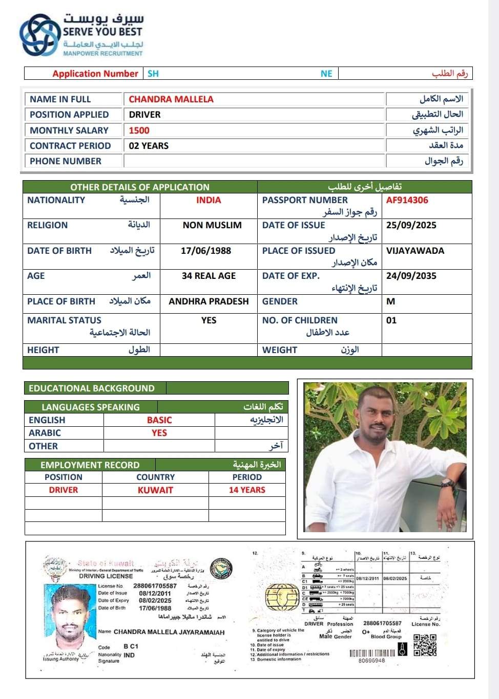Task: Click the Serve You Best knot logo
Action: [39, 35]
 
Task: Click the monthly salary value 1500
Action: [139, 130]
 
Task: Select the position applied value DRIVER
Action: [144, 115]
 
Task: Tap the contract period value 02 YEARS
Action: [149, 146]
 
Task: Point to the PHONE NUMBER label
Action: [66, 161]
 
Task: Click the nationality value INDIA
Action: [209, 200]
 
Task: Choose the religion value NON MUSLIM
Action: [212, 225]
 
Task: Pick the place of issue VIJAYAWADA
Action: [415, 251]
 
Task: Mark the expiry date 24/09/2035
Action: [411, 276]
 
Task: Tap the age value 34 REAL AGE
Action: [209, 276]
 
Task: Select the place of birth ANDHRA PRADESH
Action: [209, 301]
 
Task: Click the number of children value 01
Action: [391, 320]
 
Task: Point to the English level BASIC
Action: [159, 420]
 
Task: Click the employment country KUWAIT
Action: [155, 490]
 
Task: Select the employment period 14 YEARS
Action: [247, 490]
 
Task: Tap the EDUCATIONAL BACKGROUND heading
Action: [91, 388]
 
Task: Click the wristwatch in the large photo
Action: [448, 483]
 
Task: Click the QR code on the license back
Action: [425, 645]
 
